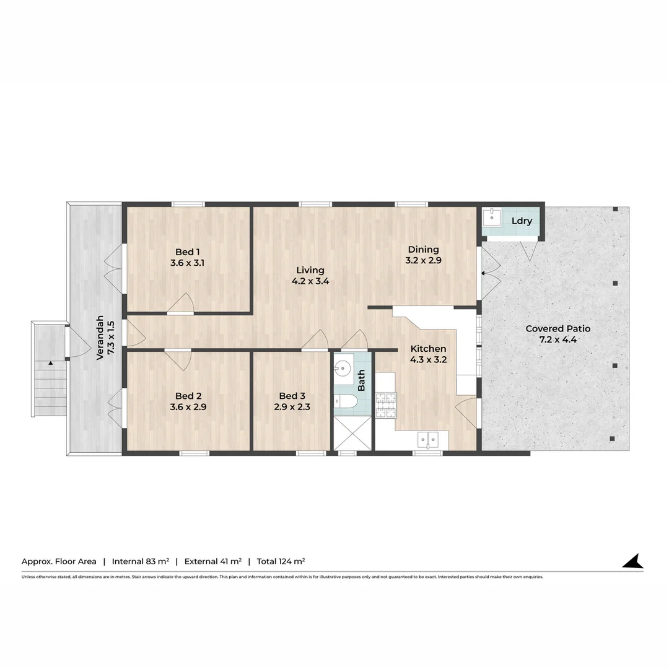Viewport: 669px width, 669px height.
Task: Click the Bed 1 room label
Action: [x=187, y=251]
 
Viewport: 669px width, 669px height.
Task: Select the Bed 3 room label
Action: [x=292, y=396]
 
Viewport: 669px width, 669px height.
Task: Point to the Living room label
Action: [x=310, y=270]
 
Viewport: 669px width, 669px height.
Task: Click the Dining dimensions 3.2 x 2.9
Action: [x=423, y=261]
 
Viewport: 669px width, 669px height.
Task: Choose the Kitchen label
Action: [x=428, y=349]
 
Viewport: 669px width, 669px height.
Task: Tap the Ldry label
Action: [x=522, y=221]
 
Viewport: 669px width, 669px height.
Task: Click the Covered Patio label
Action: [x=557, y=328]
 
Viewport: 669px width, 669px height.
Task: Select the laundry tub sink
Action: [x=492, y=217]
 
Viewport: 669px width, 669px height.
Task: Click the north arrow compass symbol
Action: [x=633, y=561]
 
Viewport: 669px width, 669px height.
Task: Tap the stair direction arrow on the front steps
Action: [x=50, y=362]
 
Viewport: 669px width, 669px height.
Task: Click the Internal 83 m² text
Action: [x=141, y=561]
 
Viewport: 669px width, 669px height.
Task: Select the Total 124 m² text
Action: [x=281, y=561]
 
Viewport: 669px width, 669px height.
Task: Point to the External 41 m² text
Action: [x=212, y=561]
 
